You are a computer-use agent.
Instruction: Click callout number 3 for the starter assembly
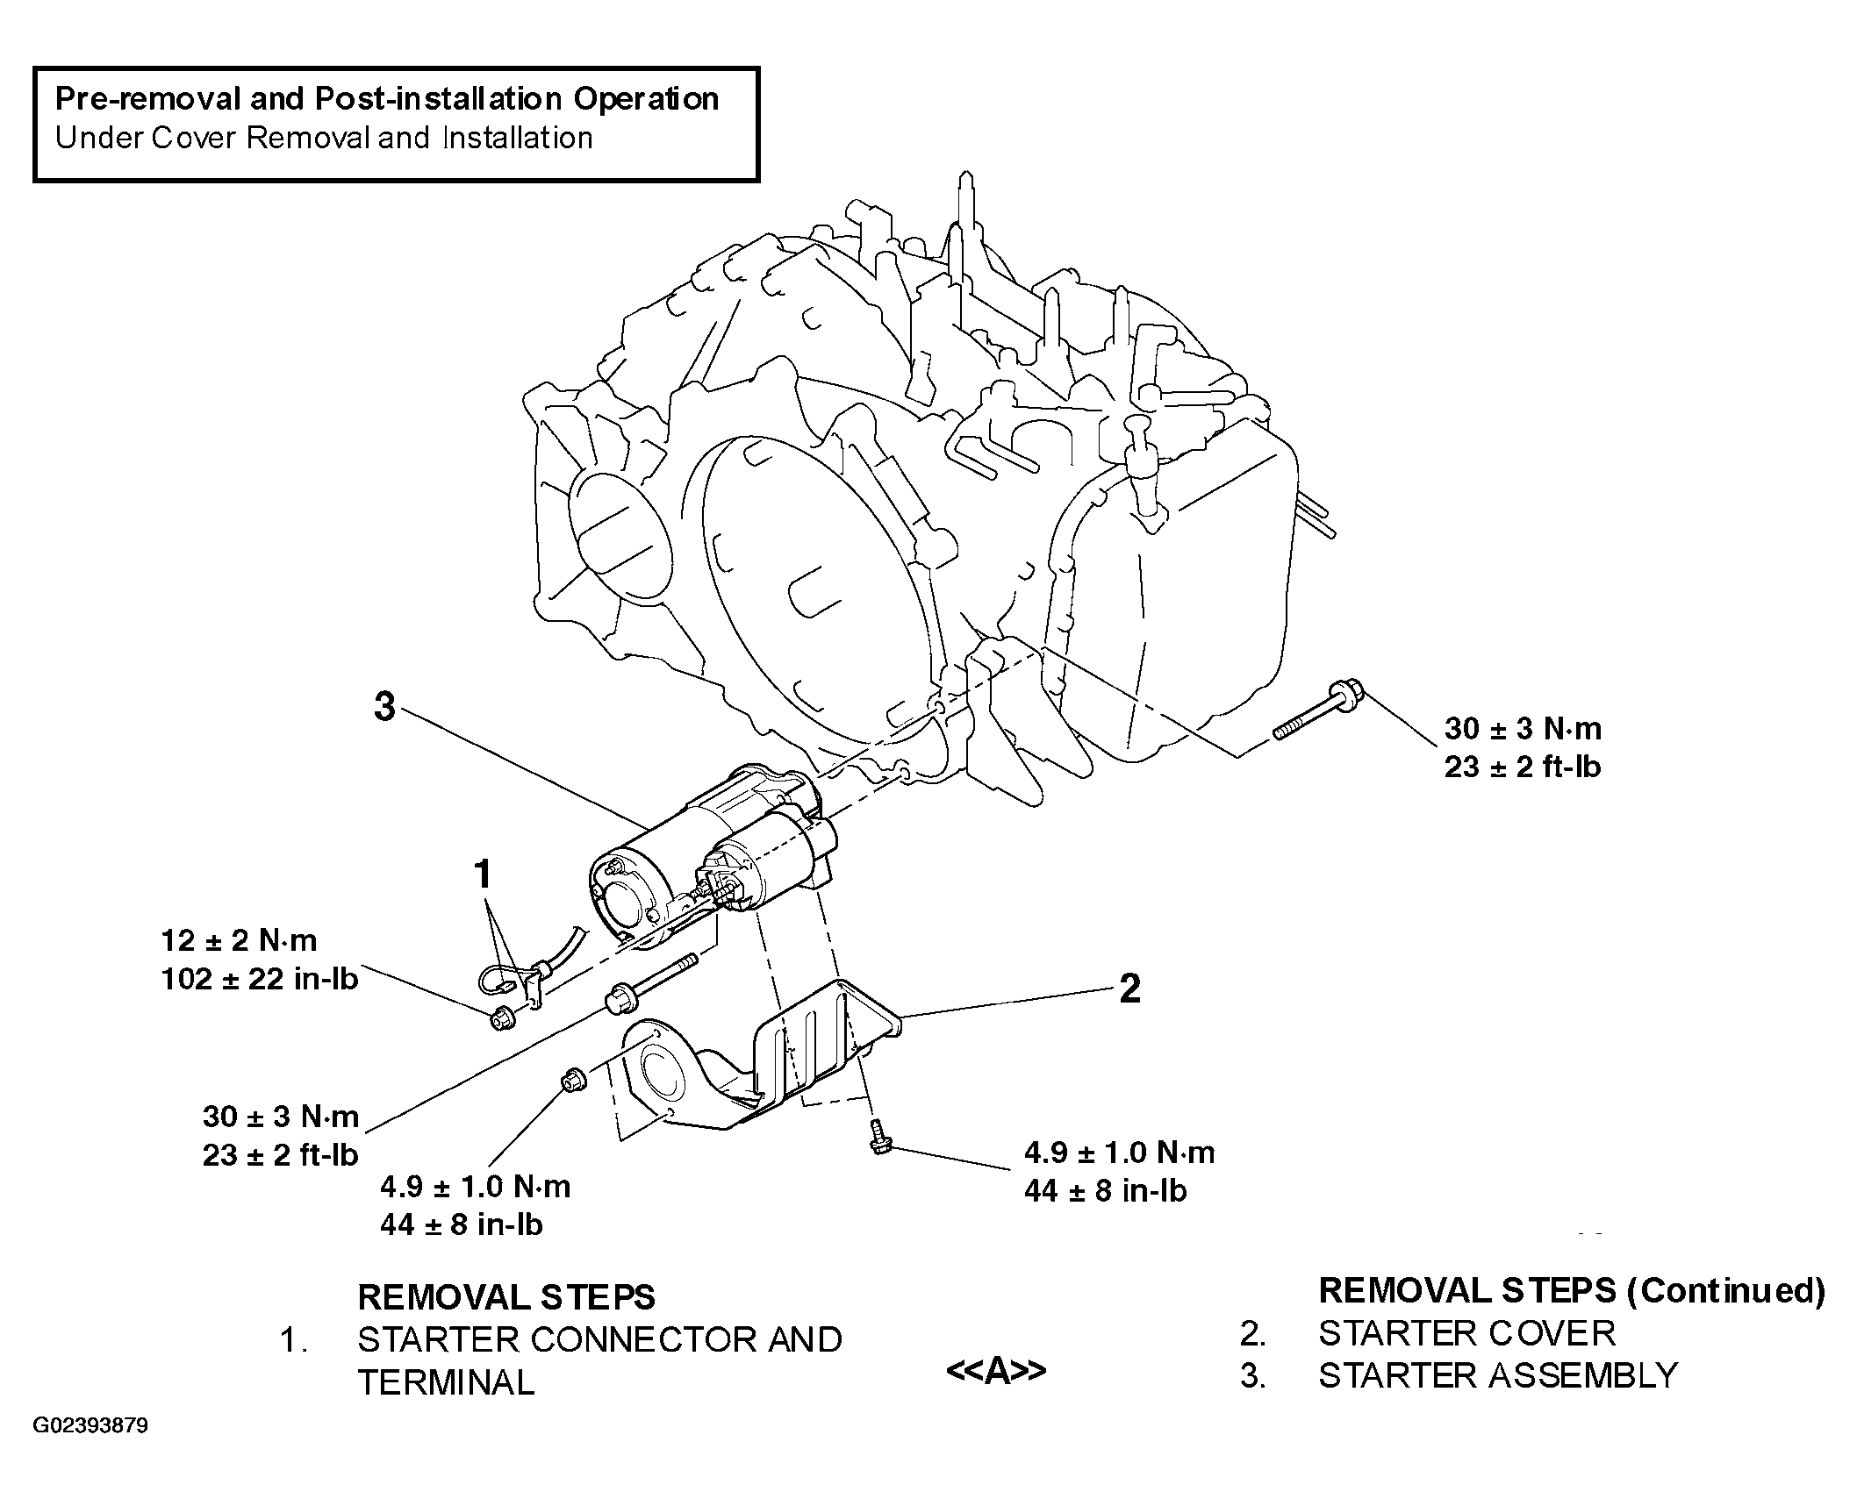pyautogui.click(x=385, y=707)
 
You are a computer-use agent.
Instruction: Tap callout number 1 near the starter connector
pyautogui.click(x=482, y=874)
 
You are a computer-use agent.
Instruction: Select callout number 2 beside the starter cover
pyautogui.click(x=1130, y=989)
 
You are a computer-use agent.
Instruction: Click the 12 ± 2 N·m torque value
pyautogui.click(x=239, y=941)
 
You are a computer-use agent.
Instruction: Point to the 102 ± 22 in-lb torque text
pyautogui.click(x=260, y=979)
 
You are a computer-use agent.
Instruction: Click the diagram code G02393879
pyautogui.click(x=90, y=1425)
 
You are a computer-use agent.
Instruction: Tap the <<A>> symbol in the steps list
pyautogui.click(x=995, y=1370)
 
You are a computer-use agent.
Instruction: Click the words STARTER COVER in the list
pyautogui.click(x=1466, y=1333)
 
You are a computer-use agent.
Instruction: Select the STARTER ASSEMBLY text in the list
pyautogui.click(x=1498, y=1375)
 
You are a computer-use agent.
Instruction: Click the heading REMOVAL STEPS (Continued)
pyautogui.click(x=1572, y=1290)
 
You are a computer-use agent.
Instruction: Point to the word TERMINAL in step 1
pyautogui.click(x=446, y=1382)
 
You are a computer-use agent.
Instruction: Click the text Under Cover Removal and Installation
pyautogui.click(x=324, y=138)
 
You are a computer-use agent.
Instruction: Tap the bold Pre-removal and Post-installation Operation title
pyautogui.click(x=387, y=98)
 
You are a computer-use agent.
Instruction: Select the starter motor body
pyautogui.click(x=702, y=855)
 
